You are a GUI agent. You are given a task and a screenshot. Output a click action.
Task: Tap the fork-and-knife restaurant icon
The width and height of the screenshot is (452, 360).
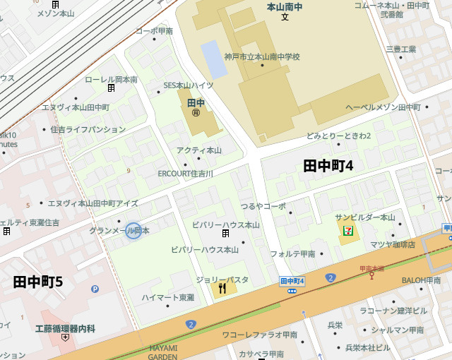222,287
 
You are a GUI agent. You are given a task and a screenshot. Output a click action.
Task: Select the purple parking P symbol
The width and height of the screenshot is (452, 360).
95,289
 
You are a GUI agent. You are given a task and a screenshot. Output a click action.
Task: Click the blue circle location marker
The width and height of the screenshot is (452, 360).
133,230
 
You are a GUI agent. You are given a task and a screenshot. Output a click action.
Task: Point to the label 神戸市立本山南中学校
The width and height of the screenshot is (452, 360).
262,56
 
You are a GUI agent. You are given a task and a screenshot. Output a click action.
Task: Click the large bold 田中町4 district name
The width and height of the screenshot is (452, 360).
328,166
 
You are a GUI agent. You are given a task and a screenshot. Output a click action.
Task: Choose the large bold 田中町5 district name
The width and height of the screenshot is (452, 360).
38,282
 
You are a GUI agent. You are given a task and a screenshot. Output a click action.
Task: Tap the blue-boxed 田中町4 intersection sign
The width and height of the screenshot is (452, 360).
292,281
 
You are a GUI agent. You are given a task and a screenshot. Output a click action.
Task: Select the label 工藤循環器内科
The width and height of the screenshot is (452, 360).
65,328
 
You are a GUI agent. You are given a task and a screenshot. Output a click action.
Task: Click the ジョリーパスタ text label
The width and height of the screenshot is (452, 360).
222,280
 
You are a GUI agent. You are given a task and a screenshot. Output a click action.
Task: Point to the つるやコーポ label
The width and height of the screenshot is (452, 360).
263,206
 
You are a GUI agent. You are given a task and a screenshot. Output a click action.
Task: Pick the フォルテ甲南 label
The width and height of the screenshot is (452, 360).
292,253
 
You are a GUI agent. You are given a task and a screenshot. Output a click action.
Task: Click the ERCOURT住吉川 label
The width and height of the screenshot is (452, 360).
185,173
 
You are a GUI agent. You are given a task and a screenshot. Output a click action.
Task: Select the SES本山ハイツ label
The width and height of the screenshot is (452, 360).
189,85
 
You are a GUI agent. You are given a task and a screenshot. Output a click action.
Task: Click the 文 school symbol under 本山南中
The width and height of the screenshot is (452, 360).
285,16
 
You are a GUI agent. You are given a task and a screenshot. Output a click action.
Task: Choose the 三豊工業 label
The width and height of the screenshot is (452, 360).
400,49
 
